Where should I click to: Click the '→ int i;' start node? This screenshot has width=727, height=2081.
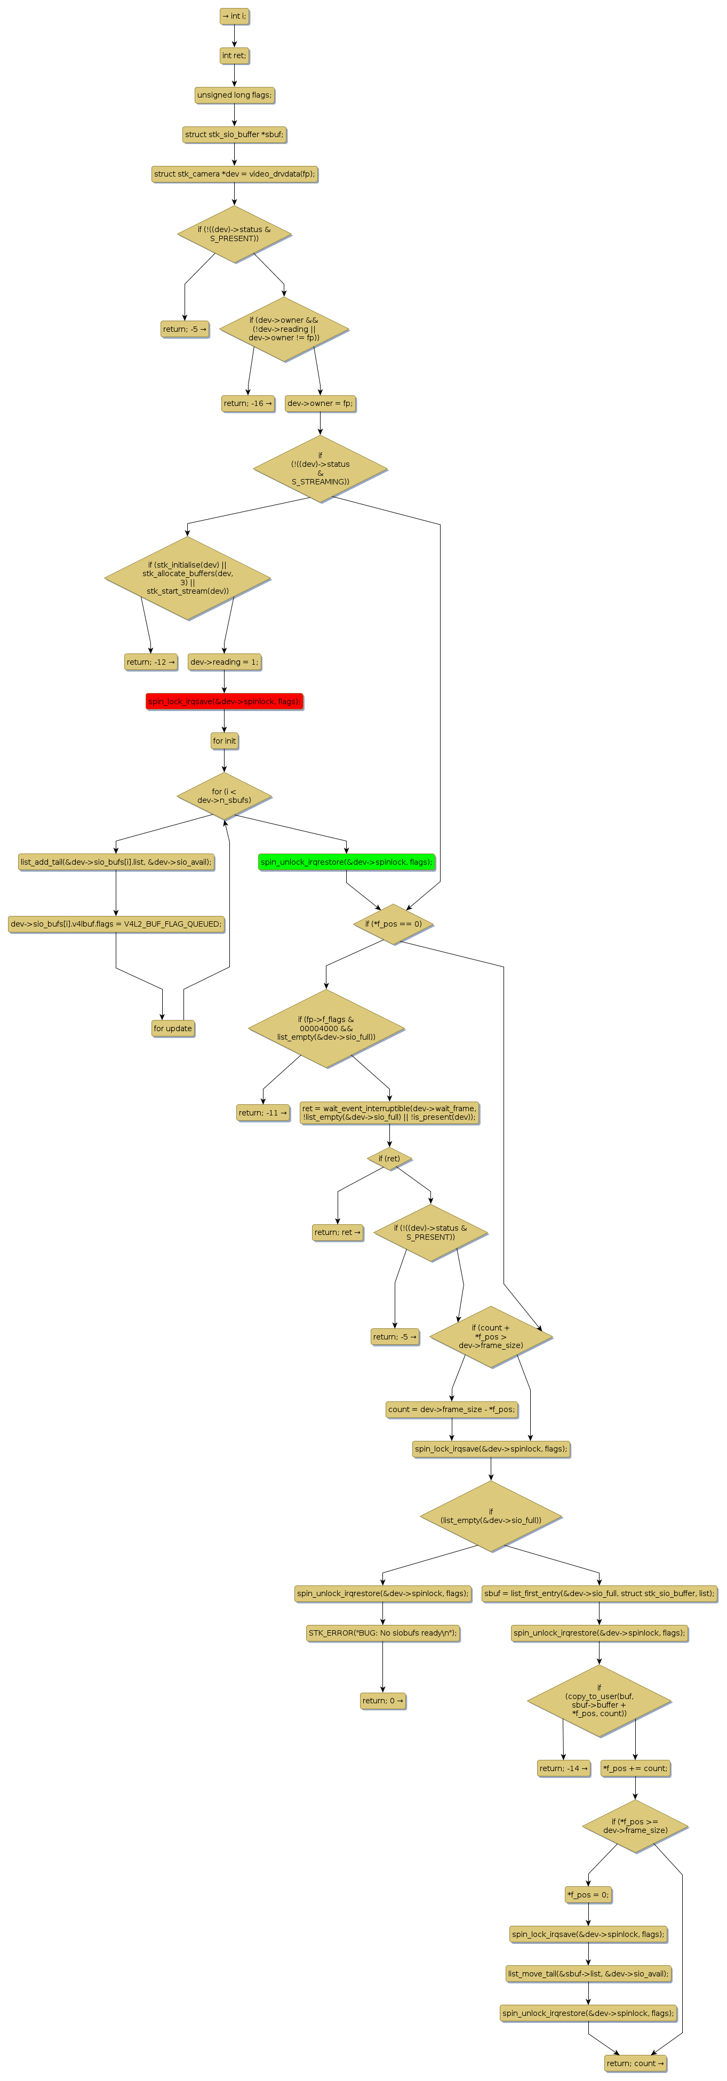click(x=234, y=16)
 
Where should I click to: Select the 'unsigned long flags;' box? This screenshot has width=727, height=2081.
click(x=234, y=95)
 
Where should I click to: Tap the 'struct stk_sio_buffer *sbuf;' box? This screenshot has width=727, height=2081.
click(x=234, y=135)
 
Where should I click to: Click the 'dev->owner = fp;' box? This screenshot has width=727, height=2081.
click(x=320, y=404)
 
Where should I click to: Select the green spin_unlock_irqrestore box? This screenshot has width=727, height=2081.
click(x=347, y=863)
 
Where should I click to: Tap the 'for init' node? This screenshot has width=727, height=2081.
click(x=225, y=741)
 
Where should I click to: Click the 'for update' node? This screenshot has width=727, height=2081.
click(x=173, y=1029)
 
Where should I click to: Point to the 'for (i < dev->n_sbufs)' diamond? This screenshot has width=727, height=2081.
click(x=225, y=796)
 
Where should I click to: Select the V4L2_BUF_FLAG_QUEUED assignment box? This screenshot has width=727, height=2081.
click(x=116, y=924)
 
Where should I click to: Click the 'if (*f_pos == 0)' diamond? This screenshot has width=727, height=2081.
click(x=394, y=924)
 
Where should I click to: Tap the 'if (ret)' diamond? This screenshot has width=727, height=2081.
click(x=389, y=1159)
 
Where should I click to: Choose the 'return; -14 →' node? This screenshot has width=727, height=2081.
click(x=564, y=1768)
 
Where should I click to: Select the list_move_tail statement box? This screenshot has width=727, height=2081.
click(x=588, y=1974)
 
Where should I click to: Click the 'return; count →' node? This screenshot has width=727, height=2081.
click(x=636, y=2063)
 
